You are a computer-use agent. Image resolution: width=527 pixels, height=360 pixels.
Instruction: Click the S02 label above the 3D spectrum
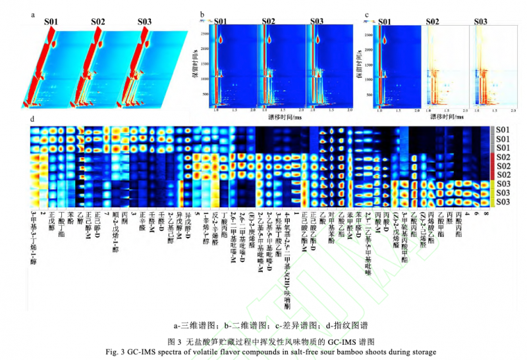[x=97, y=22]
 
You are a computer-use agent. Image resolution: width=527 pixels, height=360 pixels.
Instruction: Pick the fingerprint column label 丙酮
[x=125, y=217]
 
